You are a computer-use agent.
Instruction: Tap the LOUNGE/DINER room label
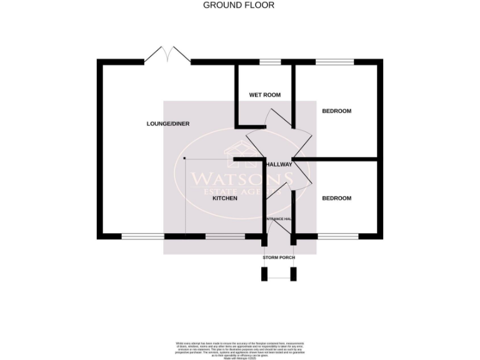167,124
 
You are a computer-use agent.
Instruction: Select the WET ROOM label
264,95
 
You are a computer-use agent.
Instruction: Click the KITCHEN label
225,198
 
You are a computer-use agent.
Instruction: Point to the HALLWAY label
279,164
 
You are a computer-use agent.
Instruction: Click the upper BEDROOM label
336,111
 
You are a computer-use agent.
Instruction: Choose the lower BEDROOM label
336,198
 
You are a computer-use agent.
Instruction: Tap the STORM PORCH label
279,257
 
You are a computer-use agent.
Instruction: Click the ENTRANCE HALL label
279,219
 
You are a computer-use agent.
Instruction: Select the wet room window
270,61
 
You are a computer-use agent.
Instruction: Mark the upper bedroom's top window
334,61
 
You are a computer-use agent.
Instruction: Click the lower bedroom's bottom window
338,236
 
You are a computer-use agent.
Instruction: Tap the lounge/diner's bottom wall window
143,236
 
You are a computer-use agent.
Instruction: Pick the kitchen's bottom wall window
225,236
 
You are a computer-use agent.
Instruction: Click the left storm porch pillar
264,274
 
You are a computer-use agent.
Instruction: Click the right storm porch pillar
294,274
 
